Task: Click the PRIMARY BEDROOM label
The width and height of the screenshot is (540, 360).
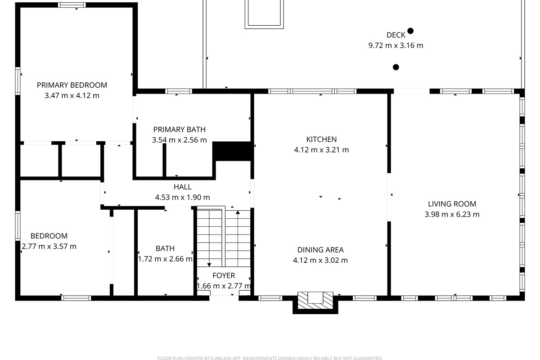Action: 72,85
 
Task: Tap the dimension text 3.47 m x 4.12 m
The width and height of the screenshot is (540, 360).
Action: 72,95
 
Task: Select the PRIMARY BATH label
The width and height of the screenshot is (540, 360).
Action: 179,130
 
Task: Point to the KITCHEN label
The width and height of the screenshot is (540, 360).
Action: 321,139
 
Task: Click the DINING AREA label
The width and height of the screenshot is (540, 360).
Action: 320,250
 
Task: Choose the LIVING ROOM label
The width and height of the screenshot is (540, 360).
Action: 452,204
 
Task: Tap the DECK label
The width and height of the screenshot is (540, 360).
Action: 396,35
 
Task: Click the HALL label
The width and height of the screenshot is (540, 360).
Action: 182,187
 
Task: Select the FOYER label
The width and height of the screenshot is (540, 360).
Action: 224,275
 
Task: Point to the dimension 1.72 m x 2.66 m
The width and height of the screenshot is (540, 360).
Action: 165,259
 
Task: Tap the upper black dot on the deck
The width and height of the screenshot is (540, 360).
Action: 410,31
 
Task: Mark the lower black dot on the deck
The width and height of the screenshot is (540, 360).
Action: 396,67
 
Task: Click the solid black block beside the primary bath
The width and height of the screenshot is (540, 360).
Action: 231,151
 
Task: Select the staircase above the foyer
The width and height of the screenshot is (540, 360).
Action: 224,237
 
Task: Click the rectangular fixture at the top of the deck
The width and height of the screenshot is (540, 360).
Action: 264,13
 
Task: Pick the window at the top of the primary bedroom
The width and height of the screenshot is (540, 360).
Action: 72,5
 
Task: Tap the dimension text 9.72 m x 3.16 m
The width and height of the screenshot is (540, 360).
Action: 396,45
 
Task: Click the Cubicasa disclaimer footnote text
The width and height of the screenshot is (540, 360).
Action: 270,358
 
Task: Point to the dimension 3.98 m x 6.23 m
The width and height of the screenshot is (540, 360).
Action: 452,214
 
